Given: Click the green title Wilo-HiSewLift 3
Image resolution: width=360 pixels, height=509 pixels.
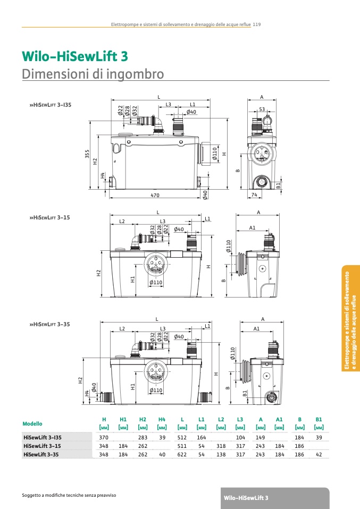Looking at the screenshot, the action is (x=75, y=56).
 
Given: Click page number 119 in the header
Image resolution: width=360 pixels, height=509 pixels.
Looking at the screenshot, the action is (x=257, y=24).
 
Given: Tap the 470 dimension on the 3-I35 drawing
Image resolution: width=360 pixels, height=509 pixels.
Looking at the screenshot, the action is (x=155, y=195).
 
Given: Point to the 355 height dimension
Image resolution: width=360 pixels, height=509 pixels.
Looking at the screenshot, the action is (x=87, y=154).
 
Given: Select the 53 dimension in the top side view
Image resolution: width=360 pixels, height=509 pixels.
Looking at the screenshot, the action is (x=262, y=109).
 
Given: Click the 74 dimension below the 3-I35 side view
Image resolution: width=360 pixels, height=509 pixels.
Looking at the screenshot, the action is (x=254, y=195).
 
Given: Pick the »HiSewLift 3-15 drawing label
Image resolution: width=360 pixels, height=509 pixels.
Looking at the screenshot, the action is (x=49, y=217).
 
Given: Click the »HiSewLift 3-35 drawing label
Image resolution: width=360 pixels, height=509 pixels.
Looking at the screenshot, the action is (x=49, y=324).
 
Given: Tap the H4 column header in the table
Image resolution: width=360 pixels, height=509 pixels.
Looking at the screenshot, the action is (x=162, y=419).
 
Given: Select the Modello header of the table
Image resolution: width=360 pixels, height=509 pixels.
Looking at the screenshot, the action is (x=32, y=423).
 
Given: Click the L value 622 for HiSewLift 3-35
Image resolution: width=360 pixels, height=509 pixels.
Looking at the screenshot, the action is (x=182, y=454).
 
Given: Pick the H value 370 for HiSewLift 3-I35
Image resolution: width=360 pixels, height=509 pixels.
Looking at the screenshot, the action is (x=104, y=438).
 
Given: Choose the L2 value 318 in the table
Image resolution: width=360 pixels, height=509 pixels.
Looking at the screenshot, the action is (x=221, y=446).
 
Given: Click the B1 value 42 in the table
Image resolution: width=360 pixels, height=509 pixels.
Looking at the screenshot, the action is (x=319, y=454).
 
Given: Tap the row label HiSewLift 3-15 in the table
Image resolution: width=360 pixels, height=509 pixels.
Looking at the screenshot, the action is (x=42, y=446).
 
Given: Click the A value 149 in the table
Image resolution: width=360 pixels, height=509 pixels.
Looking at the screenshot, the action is (x=260, y=438).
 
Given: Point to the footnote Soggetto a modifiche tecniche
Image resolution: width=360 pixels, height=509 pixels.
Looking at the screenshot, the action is (x=69, y=495).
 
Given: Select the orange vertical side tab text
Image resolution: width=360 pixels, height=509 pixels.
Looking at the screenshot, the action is (x=350, y=320).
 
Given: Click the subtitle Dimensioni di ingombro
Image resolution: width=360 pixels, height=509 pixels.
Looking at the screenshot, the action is (x=93, y=74).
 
